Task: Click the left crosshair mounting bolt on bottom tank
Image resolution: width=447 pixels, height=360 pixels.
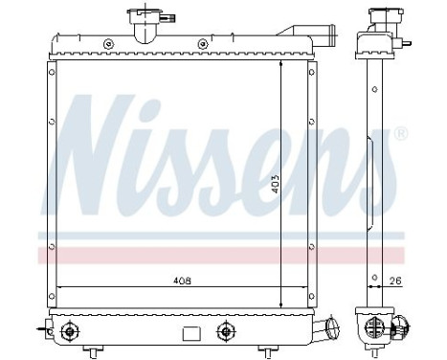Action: click(68, 332)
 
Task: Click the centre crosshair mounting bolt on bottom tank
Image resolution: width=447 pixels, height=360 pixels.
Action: click(226, 332)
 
